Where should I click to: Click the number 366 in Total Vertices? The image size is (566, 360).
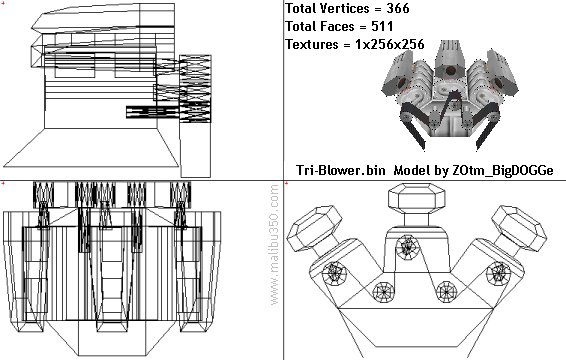tap(398, 8)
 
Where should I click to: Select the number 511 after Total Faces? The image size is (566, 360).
tap(382, 26)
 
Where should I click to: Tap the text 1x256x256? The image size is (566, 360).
tap(389, 44)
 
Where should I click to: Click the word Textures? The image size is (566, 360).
tap(312, 44)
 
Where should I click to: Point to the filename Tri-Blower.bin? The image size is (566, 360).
tap(341, 170)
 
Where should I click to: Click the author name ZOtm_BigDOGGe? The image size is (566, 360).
tap(503, 170)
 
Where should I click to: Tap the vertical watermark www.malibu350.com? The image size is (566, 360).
tap(274, 245)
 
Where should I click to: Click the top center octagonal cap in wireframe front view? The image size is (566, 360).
tap(417, 198)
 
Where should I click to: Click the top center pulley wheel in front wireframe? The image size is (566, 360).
tap(408, 247)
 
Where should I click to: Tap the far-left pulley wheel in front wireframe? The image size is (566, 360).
tap(334, 273)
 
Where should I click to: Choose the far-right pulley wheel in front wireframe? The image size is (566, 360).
tap(498, 273)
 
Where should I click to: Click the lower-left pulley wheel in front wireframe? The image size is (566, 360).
tap(384, 292)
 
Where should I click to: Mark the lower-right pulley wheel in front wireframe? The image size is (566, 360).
tap(447, 291)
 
